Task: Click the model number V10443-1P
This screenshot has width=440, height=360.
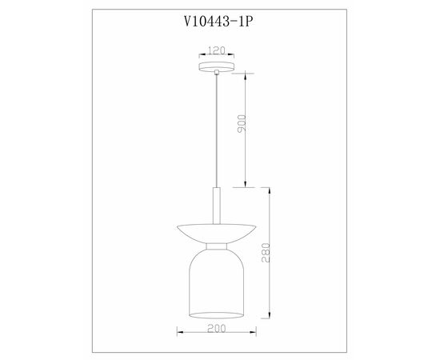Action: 218,21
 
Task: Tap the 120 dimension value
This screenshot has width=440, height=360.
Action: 216,50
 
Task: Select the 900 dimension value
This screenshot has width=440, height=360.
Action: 242,123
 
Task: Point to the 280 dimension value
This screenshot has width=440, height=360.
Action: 266,253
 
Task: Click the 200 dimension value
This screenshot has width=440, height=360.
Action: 216,328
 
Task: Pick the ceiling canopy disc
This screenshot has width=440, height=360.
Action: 216,66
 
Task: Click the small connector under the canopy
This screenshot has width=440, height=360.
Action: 216,72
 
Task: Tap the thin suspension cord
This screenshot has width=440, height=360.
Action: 216,130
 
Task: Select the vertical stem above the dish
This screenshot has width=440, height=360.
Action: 216,206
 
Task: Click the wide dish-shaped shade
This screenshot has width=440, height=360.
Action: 216,234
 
